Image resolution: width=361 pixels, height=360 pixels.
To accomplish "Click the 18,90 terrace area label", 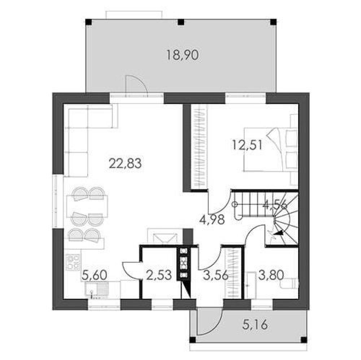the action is [182, 55].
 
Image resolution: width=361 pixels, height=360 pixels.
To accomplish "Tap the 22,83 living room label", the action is [125, 163].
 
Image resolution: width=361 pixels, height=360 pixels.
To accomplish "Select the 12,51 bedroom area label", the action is [247, 145].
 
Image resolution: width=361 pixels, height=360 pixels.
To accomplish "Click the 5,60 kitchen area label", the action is [94, 275].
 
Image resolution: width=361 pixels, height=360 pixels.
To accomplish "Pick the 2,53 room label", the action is [159, 275].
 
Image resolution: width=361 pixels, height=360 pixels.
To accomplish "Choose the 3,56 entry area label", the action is [216, 275].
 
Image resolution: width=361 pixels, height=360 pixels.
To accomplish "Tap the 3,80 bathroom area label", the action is [271, 275].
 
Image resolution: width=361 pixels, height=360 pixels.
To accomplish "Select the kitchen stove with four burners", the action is [73, 262].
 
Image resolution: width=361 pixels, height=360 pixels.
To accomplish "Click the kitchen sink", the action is [96, 290].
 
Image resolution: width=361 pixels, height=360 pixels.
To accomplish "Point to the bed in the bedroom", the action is [271, 150].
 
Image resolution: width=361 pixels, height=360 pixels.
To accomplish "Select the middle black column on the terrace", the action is [181, 22].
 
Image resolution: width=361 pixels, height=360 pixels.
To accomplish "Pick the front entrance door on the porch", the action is [209, 322].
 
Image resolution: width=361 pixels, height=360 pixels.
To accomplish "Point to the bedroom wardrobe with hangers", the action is [199, 147].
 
